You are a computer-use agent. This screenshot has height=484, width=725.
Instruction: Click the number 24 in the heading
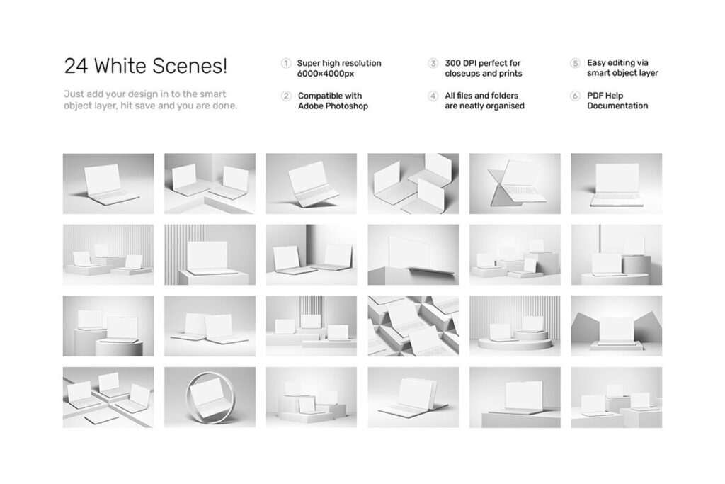coord(76,66)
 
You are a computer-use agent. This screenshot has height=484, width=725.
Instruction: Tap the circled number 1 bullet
coord(286,63)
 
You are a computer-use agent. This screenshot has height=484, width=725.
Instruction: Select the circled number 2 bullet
coord(286,96)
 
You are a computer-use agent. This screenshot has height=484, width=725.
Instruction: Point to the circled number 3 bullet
coord(433,63)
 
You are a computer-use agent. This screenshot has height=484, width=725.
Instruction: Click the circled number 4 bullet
coord(433,96)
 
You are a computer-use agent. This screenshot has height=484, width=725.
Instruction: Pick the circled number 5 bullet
coord(575,63)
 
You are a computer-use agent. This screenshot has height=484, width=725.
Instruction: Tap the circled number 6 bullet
coord(575,96)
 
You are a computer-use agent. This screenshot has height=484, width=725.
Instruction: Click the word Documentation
coord(617,106)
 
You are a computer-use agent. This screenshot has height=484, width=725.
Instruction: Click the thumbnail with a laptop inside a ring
coord(210,398)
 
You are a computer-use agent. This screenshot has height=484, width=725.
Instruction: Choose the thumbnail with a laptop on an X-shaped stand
coord(515,184)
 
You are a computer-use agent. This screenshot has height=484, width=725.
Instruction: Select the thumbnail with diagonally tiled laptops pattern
coord(413,326)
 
